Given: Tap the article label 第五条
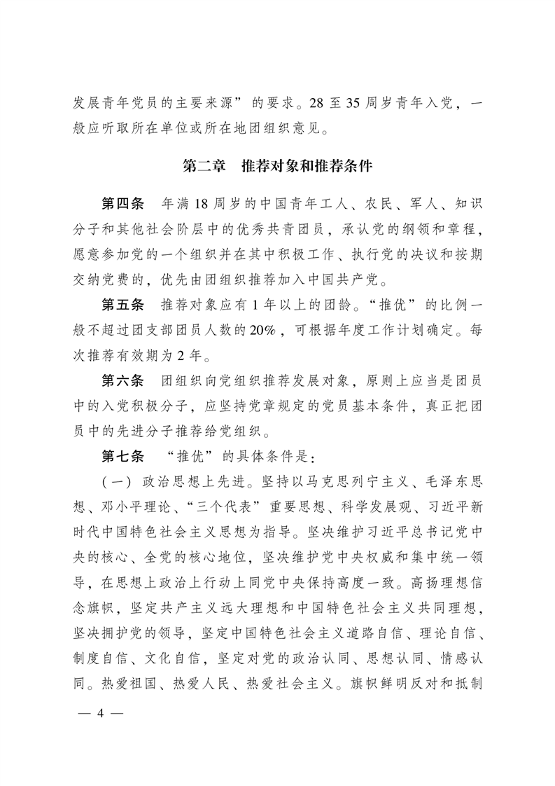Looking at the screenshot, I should [x=122, y=305].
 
